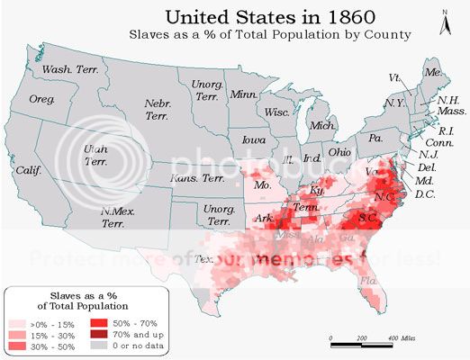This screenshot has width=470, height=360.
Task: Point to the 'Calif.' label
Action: tap(28, 169)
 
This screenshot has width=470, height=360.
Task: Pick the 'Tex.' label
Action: tap(203, 258)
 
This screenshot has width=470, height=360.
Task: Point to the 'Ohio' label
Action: tap(339, 152)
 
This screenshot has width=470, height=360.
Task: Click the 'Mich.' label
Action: tap(321, 126)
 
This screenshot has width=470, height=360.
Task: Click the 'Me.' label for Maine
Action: tap(433, 71)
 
